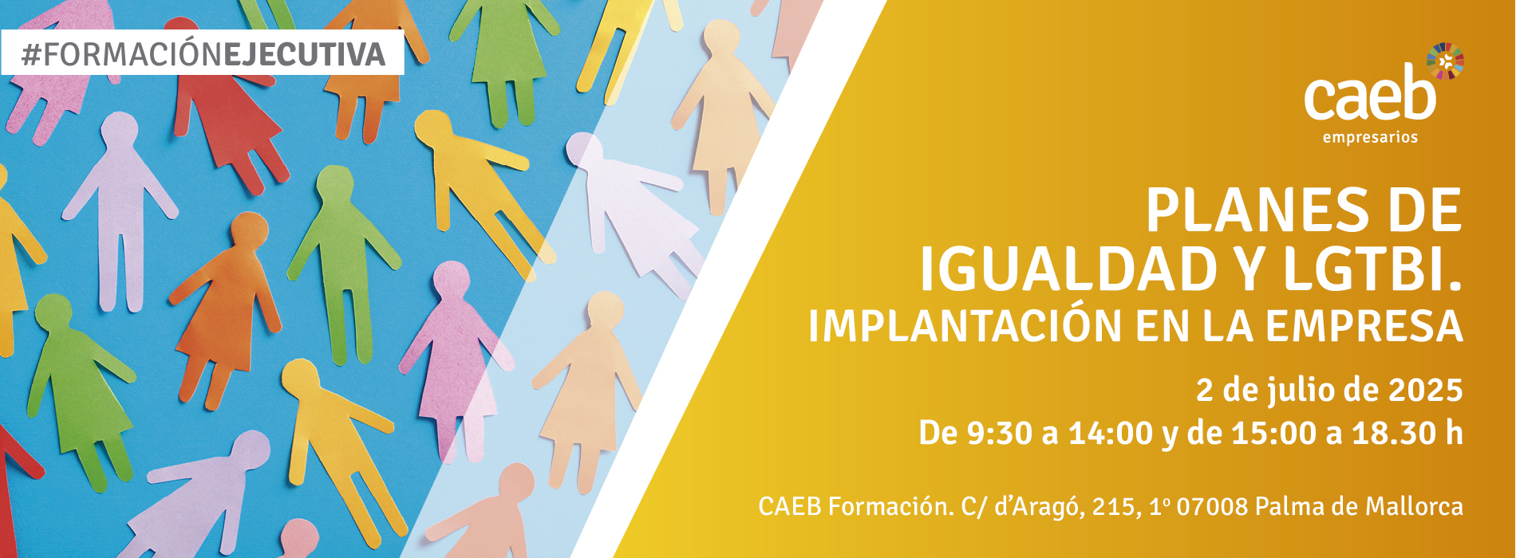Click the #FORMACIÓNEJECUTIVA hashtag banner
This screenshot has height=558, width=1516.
pyautogui.click(x=202, y=53)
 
